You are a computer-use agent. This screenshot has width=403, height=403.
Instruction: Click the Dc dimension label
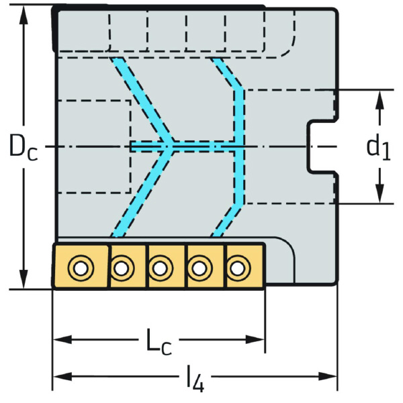click(22, 147)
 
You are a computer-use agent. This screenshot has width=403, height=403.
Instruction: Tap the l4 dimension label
click(194, 381)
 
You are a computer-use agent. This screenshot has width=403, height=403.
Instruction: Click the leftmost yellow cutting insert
click(81, 267)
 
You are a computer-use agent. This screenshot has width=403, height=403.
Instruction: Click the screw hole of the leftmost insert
click(81, 269)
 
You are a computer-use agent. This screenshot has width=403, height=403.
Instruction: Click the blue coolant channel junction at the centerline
click(172, 146)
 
